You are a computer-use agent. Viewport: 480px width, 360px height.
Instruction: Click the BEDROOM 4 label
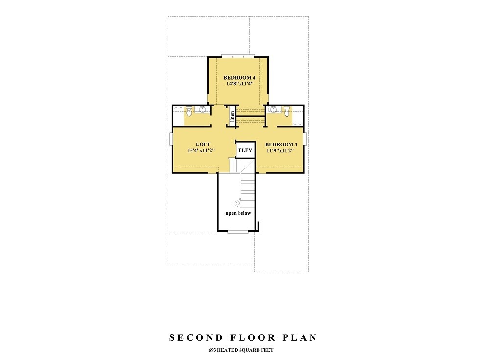coord(240,78)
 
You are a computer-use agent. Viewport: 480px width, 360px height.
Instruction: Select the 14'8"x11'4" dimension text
coord(240,84)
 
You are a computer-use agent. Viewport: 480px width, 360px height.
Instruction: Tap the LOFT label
coord(203,144)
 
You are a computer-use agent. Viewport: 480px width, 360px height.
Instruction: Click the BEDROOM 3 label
coord(281,144)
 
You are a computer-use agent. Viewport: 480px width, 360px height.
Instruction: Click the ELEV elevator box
coord(245,151)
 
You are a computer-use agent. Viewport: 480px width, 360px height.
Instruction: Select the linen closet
coord(232,118)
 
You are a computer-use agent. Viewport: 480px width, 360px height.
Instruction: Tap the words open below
coord(238,213)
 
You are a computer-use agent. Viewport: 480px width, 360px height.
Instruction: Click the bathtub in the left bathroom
coord(178,117)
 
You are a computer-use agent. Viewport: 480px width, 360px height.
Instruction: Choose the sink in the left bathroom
coord(202,109)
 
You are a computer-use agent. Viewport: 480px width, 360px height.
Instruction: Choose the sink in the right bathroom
coord(274,109)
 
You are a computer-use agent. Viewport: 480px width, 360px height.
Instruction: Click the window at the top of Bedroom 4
coord(239,56)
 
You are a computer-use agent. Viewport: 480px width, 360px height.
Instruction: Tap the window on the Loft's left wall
coord(171,139)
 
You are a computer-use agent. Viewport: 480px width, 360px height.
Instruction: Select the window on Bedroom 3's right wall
coord(305,139)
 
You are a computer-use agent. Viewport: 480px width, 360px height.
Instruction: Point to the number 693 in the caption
coord(212,350)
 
